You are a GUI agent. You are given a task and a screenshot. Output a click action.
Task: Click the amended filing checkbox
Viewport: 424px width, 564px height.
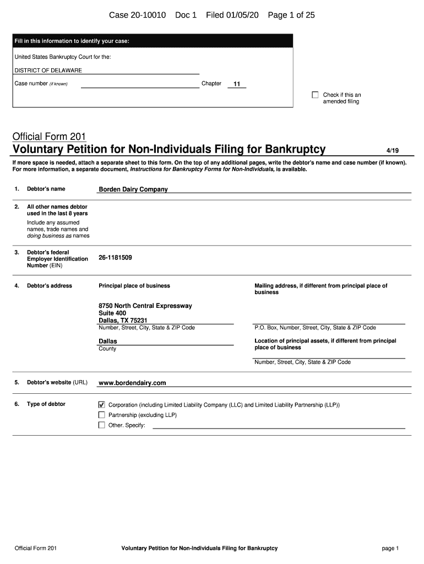click(x=316, y=95)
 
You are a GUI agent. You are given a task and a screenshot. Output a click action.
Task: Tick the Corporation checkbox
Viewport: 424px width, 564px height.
click(x=101, y=405)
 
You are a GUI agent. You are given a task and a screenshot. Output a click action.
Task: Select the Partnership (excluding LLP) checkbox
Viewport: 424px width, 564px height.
click(x=101, y=415)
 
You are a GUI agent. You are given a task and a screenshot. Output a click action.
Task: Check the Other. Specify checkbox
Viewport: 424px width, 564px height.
click(x=101, y=425)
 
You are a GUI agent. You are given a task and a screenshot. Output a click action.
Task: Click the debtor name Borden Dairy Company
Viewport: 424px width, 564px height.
click(x=133, y=189)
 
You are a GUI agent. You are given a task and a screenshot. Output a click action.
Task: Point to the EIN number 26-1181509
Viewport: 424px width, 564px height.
click(x=115, y=257)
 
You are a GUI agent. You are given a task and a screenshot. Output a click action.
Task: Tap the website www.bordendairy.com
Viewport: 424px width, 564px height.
click(x=132, y=383)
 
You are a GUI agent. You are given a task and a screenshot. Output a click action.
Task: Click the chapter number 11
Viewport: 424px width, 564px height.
click(x=237, y=84)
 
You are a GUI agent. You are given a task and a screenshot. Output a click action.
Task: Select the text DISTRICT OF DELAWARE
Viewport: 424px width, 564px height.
click(x=48, y=70)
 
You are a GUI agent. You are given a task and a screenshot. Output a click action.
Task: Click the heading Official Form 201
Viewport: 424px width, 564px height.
click(x=49, y=137)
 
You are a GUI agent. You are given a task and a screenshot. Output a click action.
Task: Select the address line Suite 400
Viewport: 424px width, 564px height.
click(x=112, y=313)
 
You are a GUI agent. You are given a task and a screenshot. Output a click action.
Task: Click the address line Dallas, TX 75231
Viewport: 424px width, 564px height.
click(x=123, y=320)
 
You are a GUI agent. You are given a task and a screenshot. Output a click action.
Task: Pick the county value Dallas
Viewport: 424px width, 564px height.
click(x=107, y=341)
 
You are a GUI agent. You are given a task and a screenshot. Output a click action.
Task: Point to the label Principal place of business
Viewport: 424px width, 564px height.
click(x=134, y=285)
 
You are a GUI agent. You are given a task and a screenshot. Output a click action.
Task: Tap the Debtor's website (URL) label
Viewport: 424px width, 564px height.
click(x=57, y=382)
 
